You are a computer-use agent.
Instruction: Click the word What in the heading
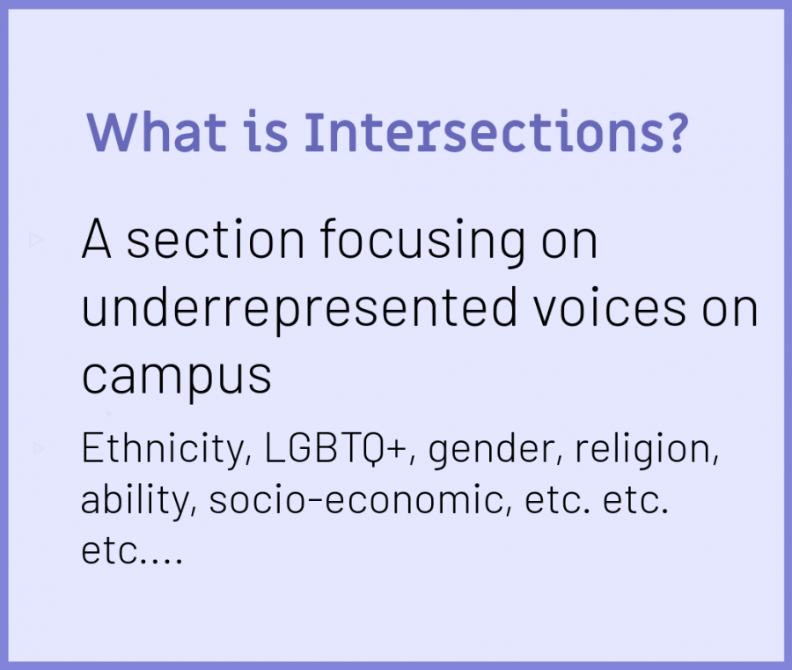(156, 132)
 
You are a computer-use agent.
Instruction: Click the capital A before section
(96, 239)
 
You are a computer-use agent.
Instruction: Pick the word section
(216, 239)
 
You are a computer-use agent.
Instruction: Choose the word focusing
(422, 242)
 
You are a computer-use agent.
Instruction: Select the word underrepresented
(299, 309)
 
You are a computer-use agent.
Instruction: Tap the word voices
(610, 308)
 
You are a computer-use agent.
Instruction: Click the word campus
(177, 378)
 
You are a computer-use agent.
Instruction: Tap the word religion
(647, 449)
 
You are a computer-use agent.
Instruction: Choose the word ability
(138, 500)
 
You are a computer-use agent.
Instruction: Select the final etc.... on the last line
(131, 551)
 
